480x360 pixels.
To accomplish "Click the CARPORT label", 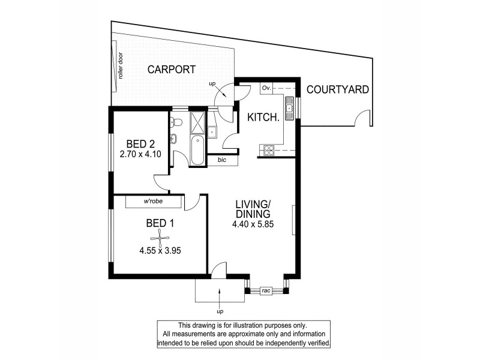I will pos(171,70).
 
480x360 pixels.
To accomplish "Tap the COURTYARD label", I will pos(337,90).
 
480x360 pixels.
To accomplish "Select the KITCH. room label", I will pos(263,118).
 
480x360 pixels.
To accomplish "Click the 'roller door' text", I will pos(121,66).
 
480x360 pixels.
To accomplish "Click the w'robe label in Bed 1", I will pos(153,202).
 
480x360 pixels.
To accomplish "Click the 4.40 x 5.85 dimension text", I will pos(253,225).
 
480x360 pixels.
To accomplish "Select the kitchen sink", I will pos(289,109).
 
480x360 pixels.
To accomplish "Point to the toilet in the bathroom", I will pos(176,122).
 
